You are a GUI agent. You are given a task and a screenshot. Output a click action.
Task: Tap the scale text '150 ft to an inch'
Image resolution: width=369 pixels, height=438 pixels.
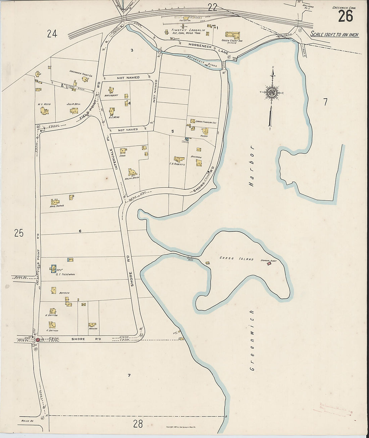tap(334, 34)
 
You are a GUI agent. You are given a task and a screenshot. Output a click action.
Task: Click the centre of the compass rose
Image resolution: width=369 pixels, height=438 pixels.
tap(272, 93)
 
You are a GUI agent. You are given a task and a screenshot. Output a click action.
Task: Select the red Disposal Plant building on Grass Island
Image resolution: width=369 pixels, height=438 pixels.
tap(269, 265)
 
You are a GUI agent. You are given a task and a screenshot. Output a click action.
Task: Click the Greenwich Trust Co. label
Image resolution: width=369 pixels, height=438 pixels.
tap(81, 71)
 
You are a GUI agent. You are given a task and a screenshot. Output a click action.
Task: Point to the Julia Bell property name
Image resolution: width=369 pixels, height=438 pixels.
tap(73, 104)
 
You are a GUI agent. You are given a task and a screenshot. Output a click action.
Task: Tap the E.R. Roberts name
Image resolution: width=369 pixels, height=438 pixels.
tap(178, 164)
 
